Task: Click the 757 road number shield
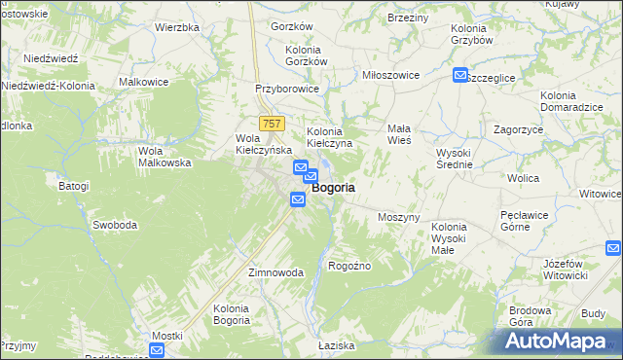pyautogui.click(x=272, y=123)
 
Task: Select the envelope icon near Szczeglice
pyautogui.click(x=459, y=75)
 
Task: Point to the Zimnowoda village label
pyautogui.click(x=276, y=272)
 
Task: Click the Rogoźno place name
pyautogui.click(x=350, y=265)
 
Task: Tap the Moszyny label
pyautogui.click(x=398, y=217)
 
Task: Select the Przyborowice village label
pyautogui.click(x=286, y=88)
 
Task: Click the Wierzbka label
pyautogui.click(x=177, y=27)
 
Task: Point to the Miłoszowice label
pyautogui.click(x=390, y=75)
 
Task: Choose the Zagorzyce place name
pyautogui.click(x=518, y=128)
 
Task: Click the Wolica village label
pyautogui.click(x=524, y=178)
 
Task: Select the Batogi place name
pyautogui.click(x=73, y=186)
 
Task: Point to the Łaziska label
pyautogui.click(x=337, y=346)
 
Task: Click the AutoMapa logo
pyautogui.click(x=561, y=341)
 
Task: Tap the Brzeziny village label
pyautogui.click(x=408, y=18)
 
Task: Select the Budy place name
pyautogui.click(x=593, y=313)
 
